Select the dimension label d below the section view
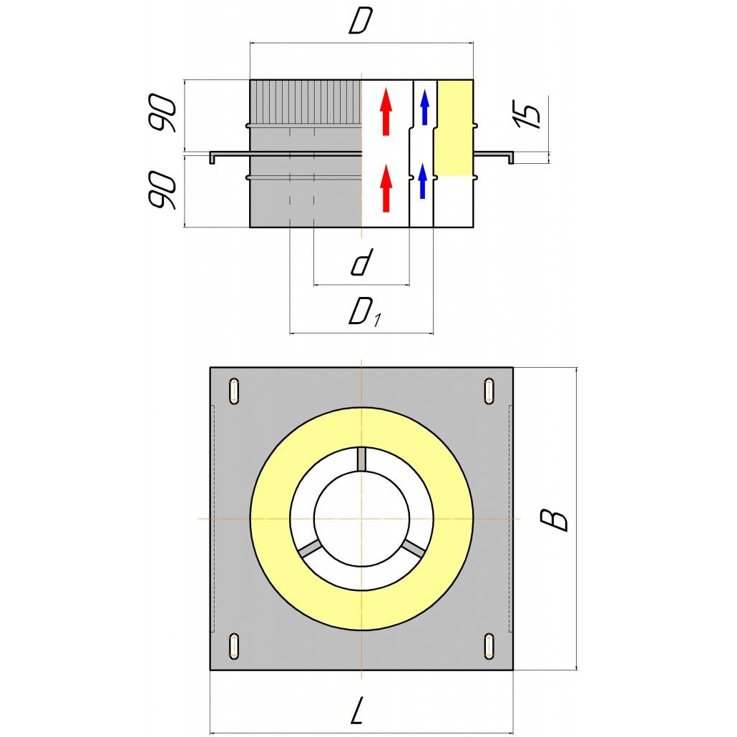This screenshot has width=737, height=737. coord(361,263)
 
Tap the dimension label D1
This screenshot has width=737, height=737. coord(365,313)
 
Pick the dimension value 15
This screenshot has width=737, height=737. coord(527,114)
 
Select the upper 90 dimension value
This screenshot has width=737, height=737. coord(163,112)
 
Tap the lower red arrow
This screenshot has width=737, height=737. coord(386,189)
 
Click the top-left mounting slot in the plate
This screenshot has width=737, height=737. coord(234,391)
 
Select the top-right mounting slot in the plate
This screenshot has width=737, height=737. coord(489,391)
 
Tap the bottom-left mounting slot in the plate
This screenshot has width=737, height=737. coord(234,645)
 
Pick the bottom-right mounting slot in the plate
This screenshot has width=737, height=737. coord(489,645)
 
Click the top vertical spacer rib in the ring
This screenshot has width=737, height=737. coord(362,459)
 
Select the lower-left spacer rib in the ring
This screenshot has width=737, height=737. coord(310,549)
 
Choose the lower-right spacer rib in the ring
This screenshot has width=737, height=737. coord(414,548)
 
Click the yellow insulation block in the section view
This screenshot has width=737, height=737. coord(454,129)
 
